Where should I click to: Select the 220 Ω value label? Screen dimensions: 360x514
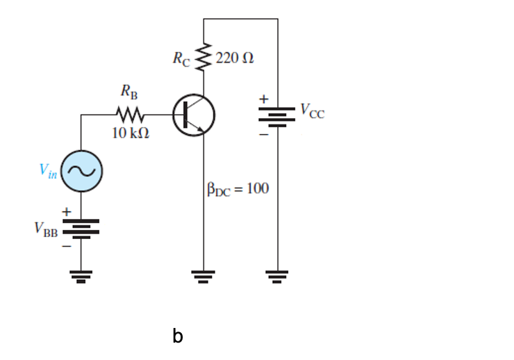click(234, 58)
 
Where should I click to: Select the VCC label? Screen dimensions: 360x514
click(312, 111)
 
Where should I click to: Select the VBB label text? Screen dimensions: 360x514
click(47, 230)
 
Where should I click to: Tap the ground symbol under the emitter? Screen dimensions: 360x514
click(204, 277)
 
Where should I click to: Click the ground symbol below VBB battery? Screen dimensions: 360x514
click(82, 277)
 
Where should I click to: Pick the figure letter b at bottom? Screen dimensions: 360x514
click(178, 336)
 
